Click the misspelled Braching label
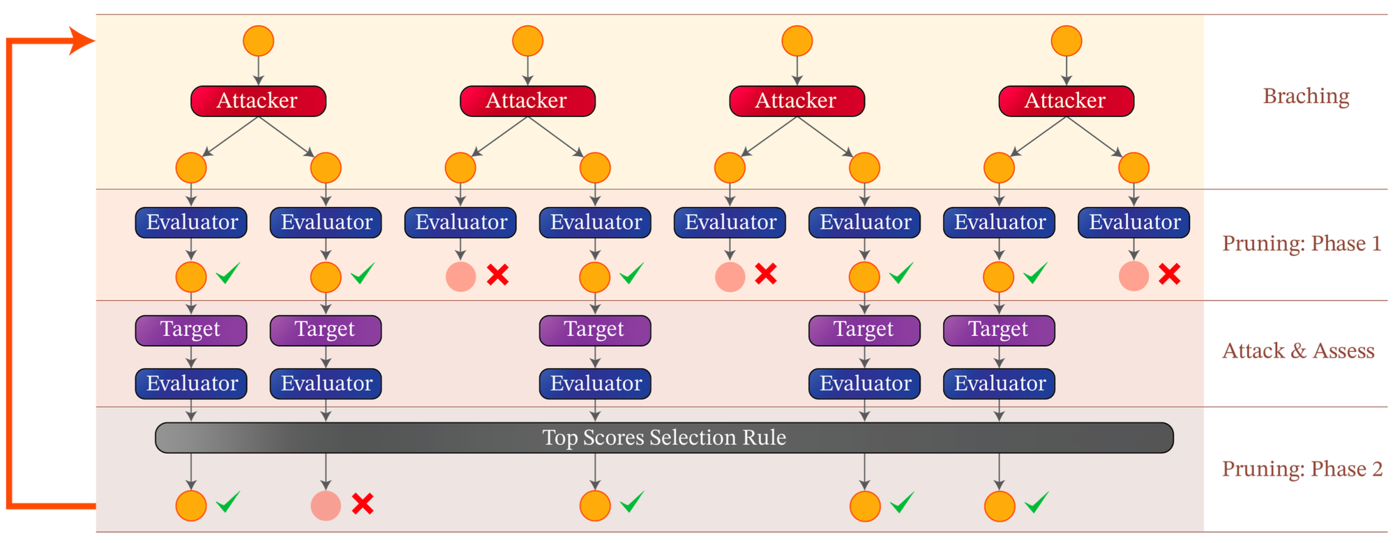click(1306, 96)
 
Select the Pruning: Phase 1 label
click(1302, 243)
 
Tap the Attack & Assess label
click(1298, 351)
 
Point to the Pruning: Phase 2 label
click(1302, 469)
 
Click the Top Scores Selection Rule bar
click(664, 438)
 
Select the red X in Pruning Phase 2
click(363, 503)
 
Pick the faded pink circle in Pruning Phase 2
click(326, 506)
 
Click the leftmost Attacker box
click(258, 101)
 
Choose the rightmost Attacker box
click(1066, 101)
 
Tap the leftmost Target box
click(191, 330)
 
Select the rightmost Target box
click(999, 330)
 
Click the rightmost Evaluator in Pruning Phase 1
click(1133, 222)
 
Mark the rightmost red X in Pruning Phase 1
click(1170, 275)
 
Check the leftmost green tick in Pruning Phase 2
click(228, 501)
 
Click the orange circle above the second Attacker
click(527, 40)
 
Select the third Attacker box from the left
click(797, 101)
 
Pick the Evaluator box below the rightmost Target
click(999, 383)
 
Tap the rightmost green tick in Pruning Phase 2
click(1036, 501)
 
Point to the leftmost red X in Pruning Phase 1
click(497, 275)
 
